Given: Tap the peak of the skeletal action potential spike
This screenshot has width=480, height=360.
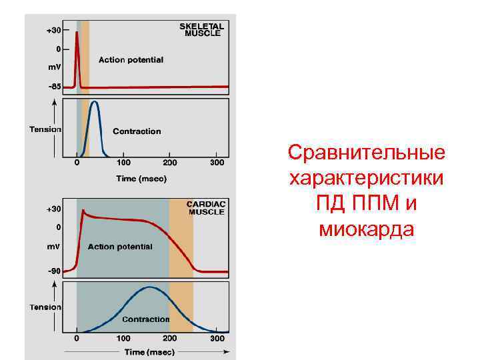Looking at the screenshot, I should [x=77, y=33].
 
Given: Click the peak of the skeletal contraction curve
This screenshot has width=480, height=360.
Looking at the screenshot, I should [x=95, y=102].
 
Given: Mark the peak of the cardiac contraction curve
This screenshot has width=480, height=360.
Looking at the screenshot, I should [x=149, y=287].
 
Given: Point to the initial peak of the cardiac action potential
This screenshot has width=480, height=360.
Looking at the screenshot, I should [x=83, y=211].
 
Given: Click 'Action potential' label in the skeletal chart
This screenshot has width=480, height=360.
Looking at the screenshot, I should [x=131, y=60].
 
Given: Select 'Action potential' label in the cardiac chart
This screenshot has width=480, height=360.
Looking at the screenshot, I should [x=120, y=247].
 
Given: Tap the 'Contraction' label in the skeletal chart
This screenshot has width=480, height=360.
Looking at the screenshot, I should [x=137, y=131].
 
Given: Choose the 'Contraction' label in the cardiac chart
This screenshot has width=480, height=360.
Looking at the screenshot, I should [x=145, y=319].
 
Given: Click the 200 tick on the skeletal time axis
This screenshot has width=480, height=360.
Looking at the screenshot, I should [x=171, y=163].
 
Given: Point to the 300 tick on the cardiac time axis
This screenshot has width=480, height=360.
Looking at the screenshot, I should [x=217, y=339].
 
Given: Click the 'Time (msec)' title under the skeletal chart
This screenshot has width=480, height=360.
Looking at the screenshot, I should [x=141, y=179].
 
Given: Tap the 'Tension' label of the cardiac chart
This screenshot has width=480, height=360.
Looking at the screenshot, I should [x=45, y=307].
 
